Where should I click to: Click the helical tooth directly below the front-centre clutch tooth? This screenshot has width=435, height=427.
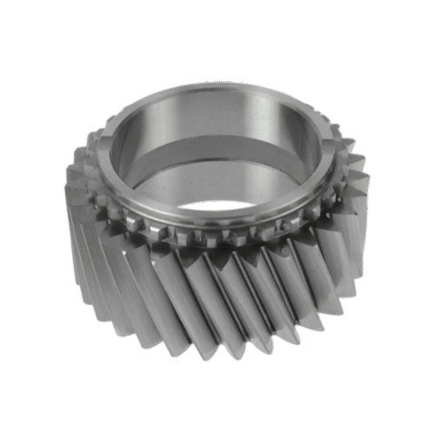tap(217, 288)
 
